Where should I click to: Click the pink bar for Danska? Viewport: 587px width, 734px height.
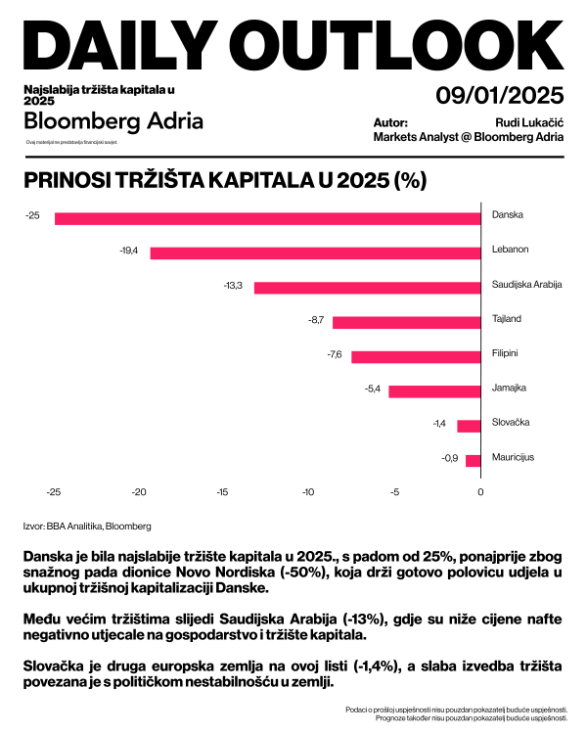(267, 218)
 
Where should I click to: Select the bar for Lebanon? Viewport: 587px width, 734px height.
(315, 252)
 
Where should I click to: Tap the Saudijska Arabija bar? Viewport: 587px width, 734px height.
(367, 287)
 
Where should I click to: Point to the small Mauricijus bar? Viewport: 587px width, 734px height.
(473, 460)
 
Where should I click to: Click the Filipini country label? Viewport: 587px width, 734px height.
(505, 353)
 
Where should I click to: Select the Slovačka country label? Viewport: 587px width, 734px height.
(510, 422)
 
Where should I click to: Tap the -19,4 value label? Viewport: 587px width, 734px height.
(129, 252)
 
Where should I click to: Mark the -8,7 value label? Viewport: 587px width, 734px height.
(315, 321)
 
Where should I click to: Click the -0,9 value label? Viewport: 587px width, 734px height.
(450, 459)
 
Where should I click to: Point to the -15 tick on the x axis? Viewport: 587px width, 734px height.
(222, 492)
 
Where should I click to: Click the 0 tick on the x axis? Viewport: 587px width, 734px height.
(480, 492)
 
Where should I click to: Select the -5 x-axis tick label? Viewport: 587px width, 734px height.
(394, 492)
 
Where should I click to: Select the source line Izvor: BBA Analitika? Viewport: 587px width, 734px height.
(87, 526)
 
